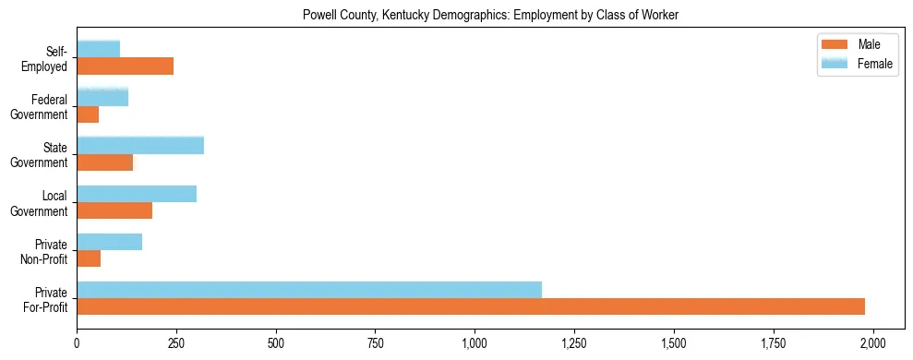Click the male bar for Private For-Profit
[471, 306]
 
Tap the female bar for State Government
[140, 145]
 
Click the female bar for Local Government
[137, 194]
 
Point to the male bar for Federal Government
[88, 114]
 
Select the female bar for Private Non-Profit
[110, 242]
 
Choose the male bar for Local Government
[114, 210]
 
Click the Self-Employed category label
[49, 58]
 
